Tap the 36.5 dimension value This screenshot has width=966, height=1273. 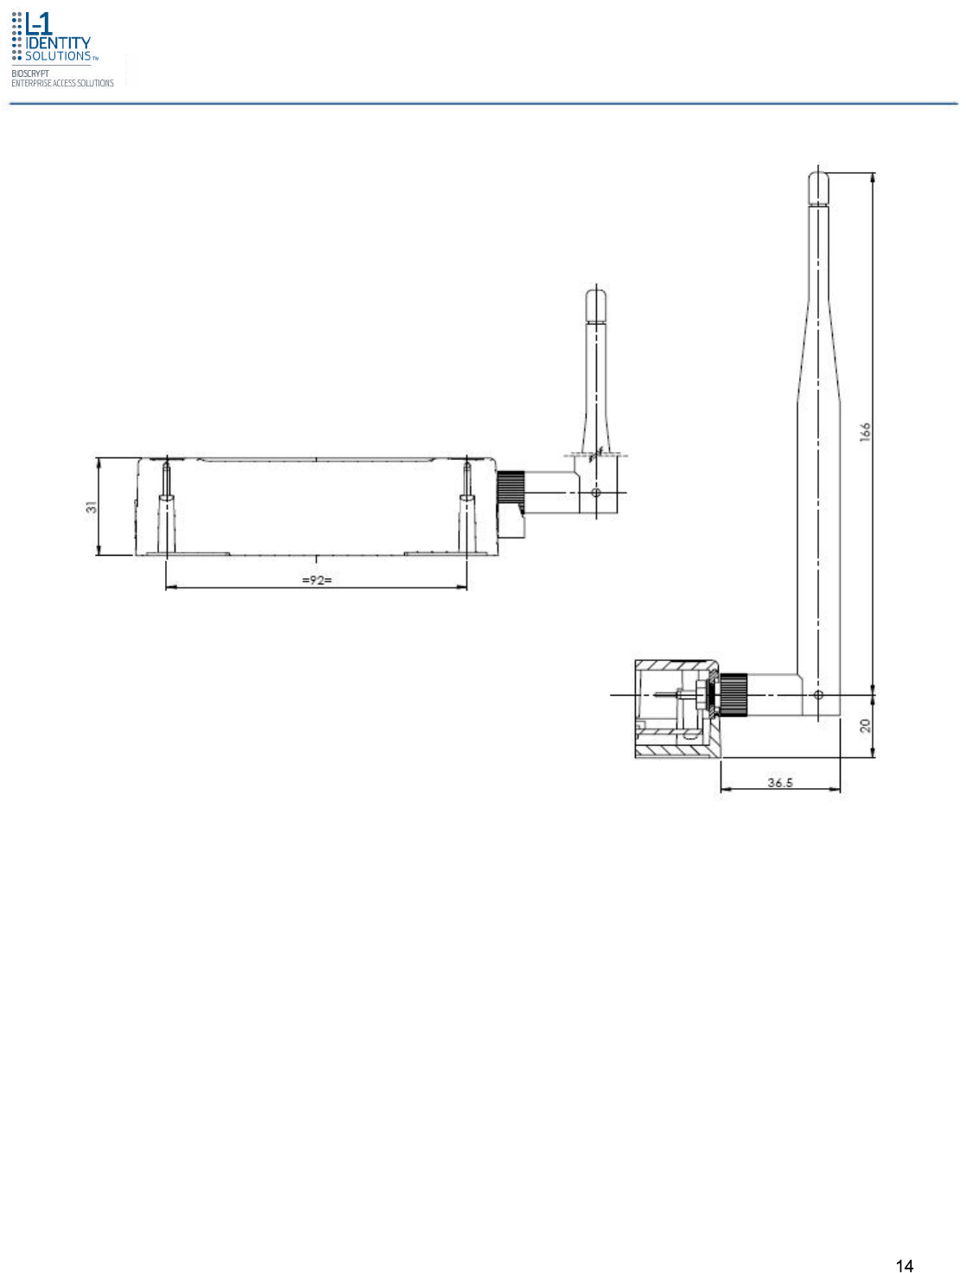tap(779, 782)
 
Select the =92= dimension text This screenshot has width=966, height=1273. tap(316, 579)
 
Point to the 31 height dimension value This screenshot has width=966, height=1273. tap(91, 507)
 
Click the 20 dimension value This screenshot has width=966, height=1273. tap(864, 725)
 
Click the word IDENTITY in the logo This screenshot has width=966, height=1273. tap(58, 43)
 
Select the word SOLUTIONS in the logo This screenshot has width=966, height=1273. tap(58, 56)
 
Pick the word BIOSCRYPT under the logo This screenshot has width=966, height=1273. tap(30, 73)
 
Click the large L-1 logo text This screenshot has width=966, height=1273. tap(39, 23)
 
